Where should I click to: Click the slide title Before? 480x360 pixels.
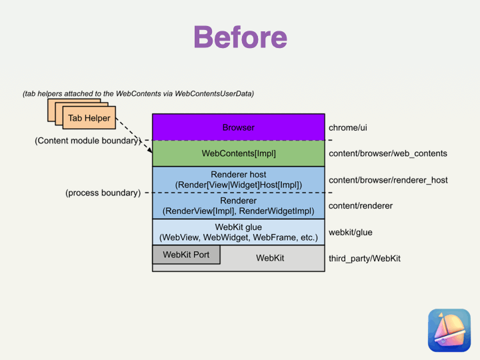(x=240, y=37)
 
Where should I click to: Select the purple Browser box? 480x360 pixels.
(x=238, y=127)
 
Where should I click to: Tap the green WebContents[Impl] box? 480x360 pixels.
(x=238, y=153)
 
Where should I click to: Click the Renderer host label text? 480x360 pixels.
(x=239, y=175)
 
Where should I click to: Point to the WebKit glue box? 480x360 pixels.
(x=238, y=232)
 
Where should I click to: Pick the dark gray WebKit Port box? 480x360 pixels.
(x=186, y=255)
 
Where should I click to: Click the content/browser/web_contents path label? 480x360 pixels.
(x=387, y=154)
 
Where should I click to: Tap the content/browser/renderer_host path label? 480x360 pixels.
(x=388, y=180)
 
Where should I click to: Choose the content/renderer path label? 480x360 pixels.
(x=361, y=206)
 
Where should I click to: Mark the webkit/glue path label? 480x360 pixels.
(x=351, y=233)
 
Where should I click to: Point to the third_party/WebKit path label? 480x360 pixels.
(x=365, y=258)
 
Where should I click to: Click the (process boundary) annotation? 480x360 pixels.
(x=103, y=193)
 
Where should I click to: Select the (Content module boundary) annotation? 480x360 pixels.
(x=86, y=141)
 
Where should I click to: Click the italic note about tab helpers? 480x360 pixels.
(x=138, y=94)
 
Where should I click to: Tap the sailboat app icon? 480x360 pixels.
(x=449, y=329)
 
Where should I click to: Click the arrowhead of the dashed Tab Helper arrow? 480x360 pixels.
(x=150, y=151)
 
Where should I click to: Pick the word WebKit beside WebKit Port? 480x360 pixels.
(x=270, y=257)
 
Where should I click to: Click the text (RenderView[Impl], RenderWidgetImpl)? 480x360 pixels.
(x=239, y=211)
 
